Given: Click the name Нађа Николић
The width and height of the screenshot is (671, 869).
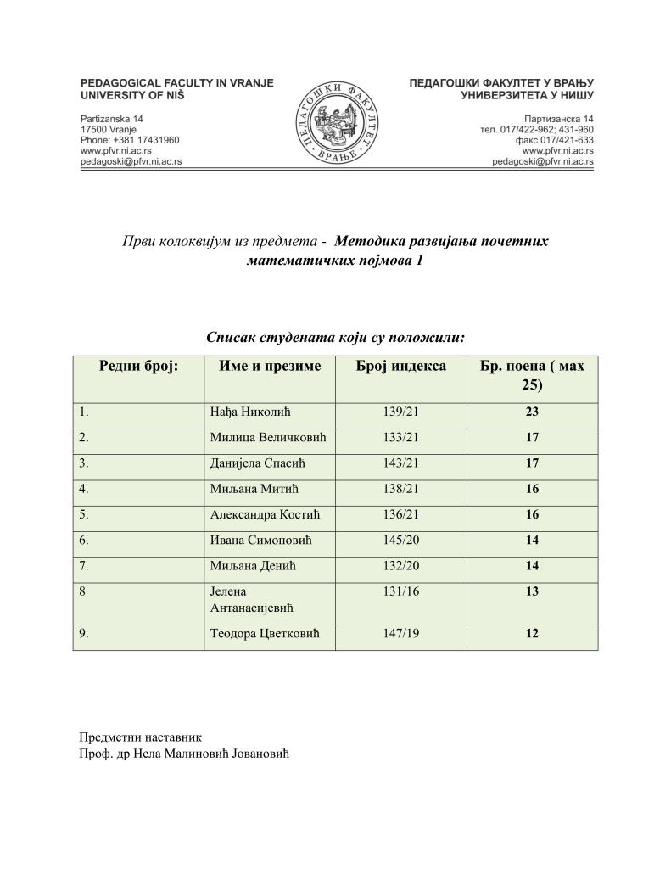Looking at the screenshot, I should pos(250,414).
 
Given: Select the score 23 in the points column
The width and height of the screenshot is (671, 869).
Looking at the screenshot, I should pos(532,414).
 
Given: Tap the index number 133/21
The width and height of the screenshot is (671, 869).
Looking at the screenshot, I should pos(401,439).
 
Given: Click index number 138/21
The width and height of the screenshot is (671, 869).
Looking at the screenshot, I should pos(401,489).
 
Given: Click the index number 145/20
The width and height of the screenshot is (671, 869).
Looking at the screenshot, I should pos(401,540).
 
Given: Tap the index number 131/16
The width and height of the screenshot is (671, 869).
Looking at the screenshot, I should pos(401,591).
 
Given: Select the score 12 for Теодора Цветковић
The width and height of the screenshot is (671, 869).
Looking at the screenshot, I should pos(532,634).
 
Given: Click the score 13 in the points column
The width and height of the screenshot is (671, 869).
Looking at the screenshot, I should pos(532,591).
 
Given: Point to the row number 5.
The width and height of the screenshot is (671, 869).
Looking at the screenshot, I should pos(83,514).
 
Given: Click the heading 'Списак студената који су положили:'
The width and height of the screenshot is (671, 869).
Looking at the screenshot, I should pos(336,337).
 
